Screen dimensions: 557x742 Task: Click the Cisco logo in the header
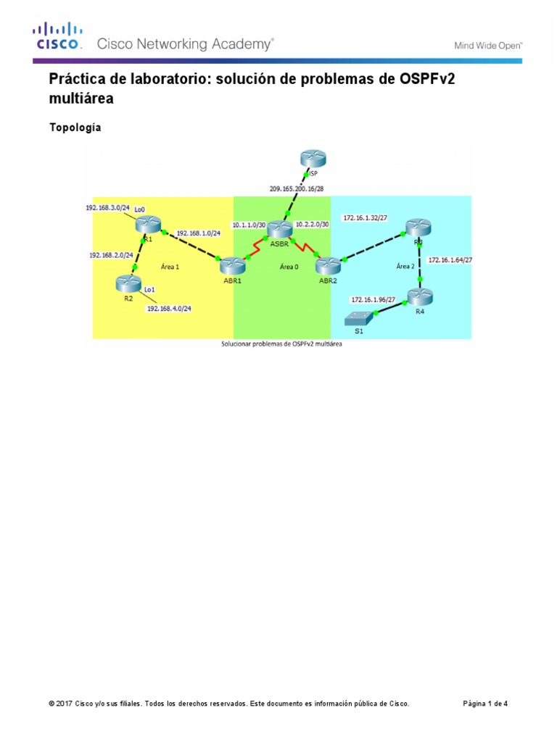56,37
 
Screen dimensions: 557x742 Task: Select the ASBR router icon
279,230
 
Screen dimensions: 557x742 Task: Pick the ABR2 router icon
329,265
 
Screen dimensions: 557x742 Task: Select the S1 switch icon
360,317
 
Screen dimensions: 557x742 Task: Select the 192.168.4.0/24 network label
173,308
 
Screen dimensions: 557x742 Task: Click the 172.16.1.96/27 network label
374,299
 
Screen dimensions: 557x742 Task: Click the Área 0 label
289,267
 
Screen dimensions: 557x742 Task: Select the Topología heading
75,128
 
